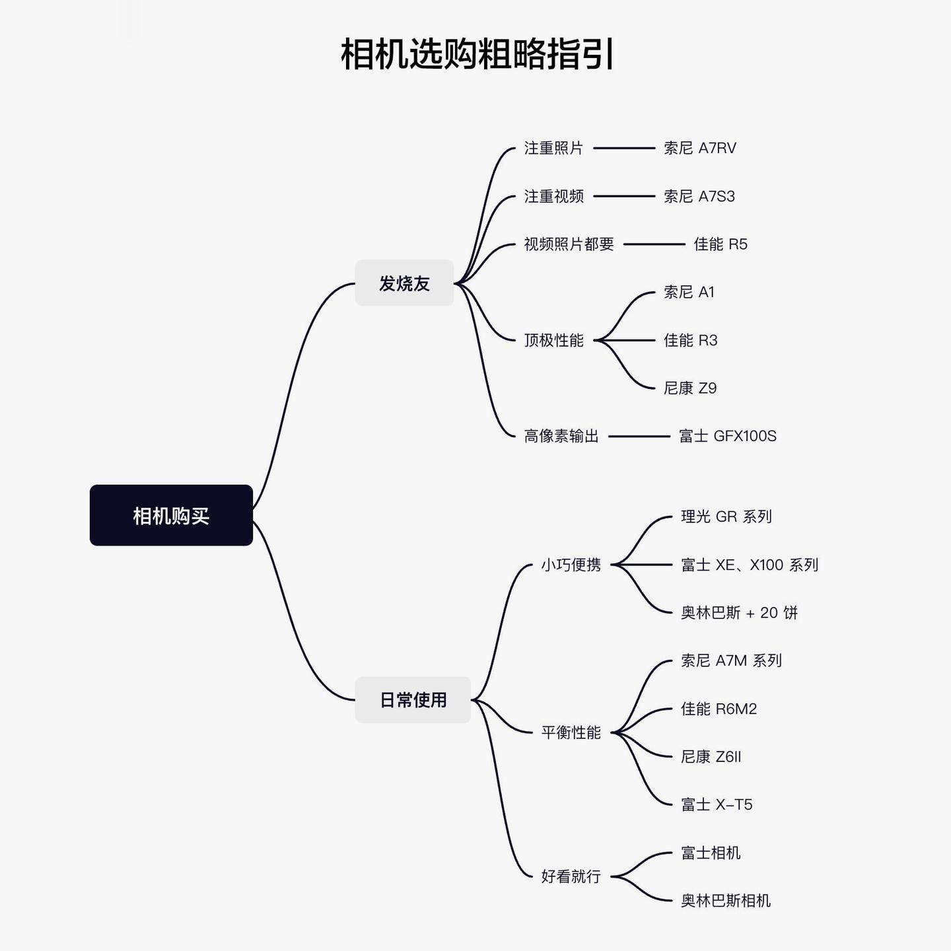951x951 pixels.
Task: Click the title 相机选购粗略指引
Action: click(x=477, y=53)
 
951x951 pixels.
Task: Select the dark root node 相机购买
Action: click(x=171, y=515)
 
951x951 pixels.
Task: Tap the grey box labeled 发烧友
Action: click(x=404, y=283)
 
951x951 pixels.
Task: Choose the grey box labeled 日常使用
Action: click(x=413, y=700)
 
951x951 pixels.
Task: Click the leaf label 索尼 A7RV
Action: click(x=700, y=148)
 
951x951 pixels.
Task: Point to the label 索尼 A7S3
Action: click(x=699, y=196)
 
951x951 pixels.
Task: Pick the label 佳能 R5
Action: click(x=721, y=244)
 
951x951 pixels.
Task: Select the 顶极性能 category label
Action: click(x=553, y=341)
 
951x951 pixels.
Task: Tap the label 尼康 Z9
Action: click(x=690, y=388)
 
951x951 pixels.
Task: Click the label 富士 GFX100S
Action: click(x=727, y=437)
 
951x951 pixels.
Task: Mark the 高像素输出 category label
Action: click(x=561, y=437)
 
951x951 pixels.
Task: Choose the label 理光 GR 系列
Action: click(x=726, y=516)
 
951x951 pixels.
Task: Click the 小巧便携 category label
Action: click(x=571, y=565)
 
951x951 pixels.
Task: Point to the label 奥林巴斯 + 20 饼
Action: click(x=739, y=613)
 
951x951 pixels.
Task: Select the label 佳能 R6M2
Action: click(x=719, y=709)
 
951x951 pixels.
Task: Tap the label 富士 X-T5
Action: click(x=717, y=805)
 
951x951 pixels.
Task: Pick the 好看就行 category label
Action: click(x=571, y=876)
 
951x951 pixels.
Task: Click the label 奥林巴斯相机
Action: click(x=725, y=901)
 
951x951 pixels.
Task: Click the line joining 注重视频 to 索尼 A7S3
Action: click(x=624, y=196)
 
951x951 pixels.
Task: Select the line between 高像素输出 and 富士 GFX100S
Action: click(x=639, y=437)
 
